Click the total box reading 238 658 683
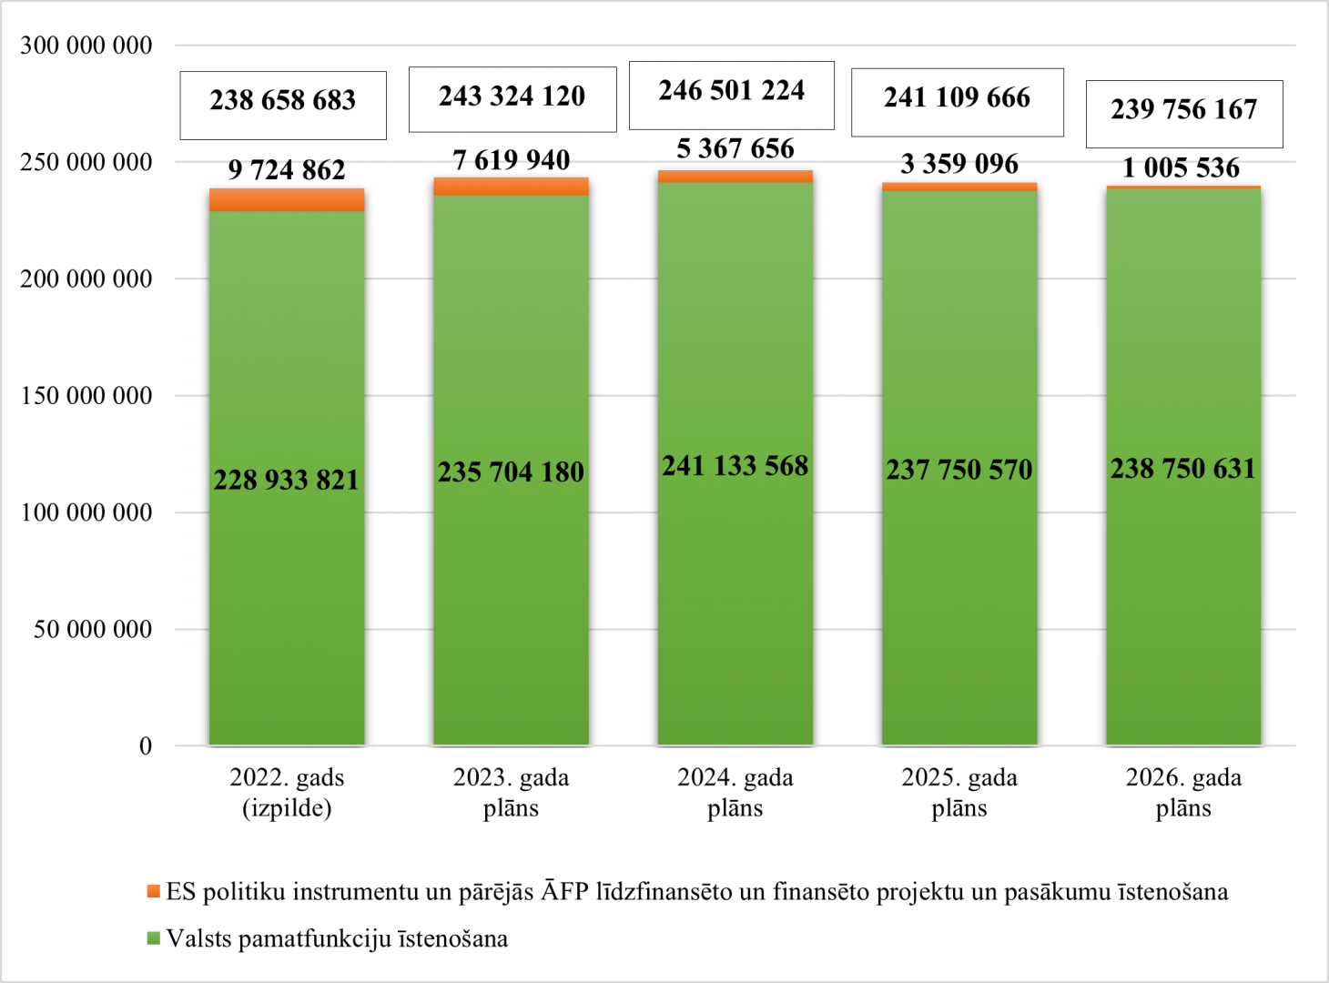tap(283, 101)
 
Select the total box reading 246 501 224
tap(732, 91)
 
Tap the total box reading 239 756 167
tap(1183, 110)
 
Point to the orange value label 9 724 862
tap(287, 170)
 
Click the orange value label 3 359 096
tap(959, 164)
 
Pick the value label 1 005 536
tap(1182, 168)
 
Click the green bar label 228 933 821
tap(287, 480)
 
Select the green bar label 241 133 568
tap(735, 466)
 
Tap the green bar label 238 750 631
tap(1182, 469)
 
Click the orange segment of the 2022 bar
tap(287, 200)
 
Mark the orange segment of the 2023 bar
tap(511, 187)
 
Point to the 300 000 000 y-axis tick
tap(86, 46)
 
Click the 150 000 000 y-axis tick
tap(86, 396)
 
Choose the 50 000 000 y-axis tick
tap(93, 629)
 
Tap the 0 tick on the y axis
tap(146, 746)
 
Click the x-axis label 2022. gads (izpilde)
tap(287, 793)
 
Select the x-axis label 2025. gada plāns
tap(959, 793)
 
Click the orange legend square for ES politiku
tap(154, 891)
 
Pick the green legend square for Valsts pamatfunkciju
tap(154, 938)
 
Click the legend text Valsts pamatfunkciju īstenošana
tap(337, 938)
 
